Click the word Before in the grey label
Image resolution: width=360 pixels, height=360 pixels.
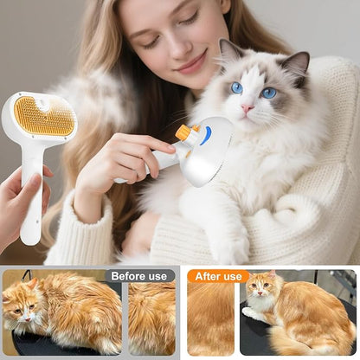126,276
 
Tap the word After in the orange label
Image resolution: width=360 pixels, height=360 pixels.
205,276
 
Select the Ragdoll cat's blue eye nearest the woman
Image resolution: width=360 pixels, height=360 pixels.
236,87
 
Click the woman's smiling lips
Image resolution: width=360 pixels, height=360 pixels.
192,63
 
